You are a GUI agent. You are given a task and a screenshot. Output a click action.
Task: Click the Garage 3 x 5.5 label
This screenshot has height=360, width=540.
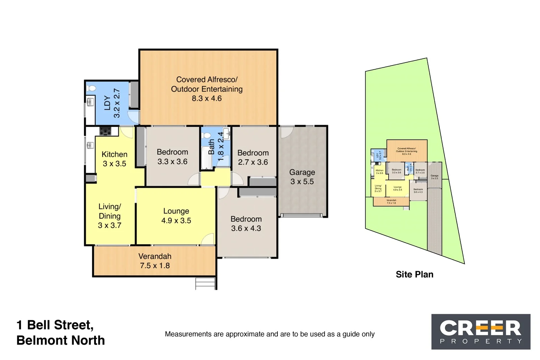pos(302,177)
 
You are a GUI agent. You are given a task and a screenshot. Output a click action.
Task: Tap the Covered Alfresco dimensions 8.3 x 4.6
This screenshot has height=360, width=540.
pos(207,99)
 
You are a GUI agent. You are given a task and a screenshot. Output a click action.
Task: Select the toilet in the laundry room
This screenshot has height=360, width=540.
pos(91,88)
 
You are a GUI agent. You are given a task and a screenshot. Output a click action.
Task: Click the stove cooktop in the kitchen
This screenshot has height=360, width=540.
pos(105,131)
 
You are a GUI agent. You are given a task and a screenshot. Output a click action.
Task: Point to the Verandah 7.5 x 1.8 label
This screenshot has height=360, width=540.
pos(155,261)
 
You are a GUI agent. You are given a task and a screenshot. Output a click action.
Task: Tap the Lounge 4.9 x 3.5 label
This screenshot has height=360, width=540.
pos(176,216)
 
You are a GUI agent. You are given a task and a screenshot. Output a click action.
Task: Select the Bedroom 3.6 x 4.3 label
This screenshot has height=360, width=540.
pos(246,224)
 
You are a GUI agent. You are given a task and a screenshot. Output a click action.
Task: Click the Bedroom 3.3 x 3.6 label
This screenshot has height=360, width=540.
pos(172,157)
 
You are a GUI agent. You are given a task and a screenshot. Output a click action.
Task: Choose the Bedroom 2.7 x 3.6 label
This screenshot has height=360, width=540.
pos(253,157)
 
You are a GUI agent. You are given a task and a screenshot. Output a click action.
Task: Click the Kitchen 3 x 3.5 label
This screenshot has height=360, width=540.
pos(114,159)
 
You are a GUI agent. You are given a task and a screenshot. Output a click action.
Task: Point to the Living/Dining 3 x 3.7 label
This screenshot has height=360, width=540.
pos(109,216)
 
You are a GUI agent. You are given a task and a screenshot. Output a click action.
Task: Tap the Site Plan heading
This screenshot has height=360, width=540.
pos(414,274)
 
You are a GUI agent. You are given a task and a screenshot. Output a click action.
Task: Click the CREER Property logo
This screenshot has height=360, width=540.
pos(481,332)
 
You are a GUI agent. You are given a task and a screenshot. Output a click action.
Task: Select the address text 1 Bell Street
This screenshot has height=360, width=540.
pos(55,325)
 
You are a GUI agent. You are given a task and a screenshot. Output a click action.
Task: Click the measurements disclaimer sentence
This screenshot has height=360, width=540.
pos(269,334)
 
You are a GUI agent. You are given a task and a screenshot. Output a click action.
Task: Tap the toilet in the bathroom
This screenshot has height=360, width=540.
pos(206,136)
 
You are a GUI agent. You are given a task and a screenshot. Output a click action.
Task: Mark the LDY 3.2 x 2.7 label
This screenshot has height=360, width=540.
pos(112,103)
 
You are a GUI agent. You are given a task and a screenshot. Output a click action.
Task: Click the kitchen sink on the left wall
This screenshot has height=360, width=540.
pos(90,146)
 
